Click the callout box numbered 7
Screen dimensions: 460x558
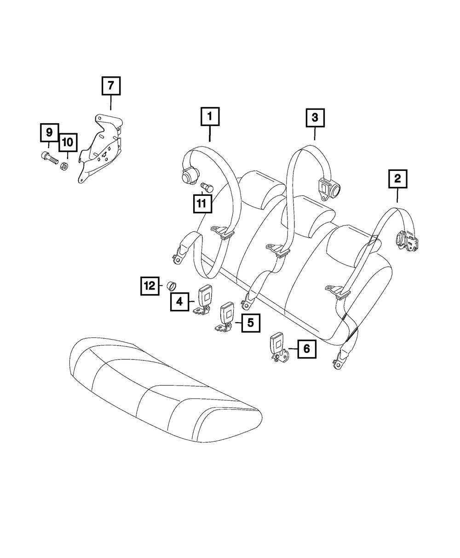[x=111, y=86]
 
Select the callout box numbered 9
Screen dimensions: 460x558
[x=49, y=133]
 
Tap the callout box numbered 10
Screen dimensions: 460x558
[x=68, y=142]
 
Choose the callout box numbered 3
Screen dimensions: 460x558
[x=315, y=118]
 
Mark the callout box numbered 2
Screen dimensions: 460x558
[x=398, y=178]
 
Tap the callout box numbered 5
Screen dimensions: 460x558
[x=250, y=322]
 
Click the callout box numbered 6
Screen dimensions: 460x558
[x=306, y=349]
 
